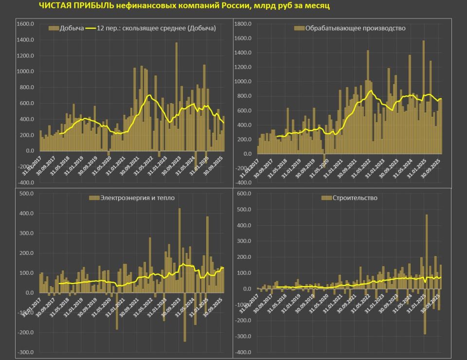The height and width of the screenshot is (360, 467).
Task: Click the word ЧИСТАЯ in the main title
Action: coord(54,6)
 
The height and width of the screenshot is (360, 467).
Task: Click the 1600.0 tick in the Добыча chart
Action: coord(25,24)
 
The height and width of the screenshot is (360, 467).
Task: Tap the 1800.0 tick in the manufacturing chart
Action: coord(243,24)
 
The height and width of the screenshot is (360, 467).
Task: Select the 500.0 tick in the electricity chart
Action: coord(27,194)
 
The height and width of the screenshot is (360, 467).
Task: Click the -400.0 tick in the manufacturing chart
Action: coord(243,183)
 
